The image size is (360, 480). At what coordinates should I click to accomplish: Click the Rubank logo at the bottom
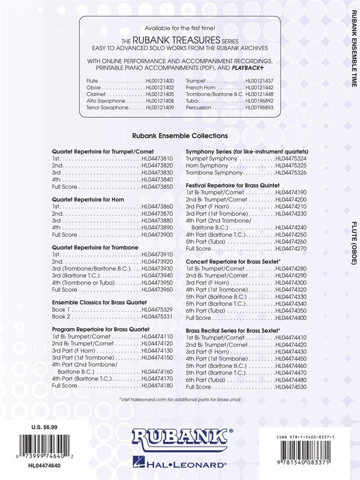180,439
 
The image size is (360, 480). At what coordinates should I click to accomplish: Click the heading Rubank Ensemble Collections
180,135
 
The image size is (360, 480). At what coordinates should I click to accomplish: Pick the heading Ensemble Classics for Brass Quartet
99,302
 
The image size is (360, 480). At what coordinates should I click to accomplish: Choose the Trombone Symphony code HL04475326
291,173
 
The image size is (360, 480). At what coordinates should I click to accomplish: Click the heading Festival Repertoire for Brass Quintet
233,186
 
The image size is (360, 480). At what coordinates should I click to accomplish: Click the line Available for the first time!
180,28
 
